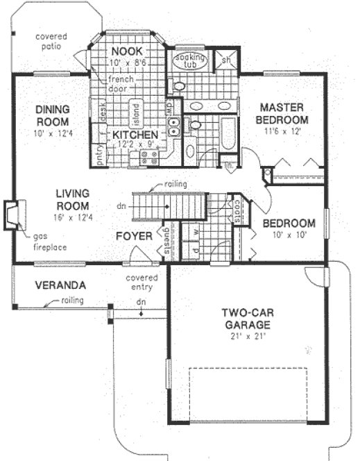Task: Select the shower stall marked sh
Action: click(227, 60)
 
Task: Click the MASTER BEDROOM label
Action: click(284, 113)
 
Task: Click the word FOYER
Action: click(134, 236)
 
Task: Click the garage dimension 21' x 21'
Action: click(248, 336)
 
